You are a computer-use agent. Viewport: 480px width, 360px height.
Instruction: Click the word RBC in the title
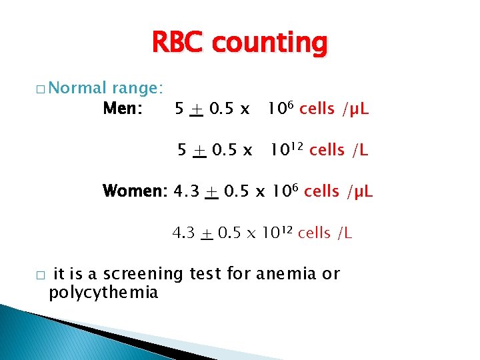[x=179, y=44]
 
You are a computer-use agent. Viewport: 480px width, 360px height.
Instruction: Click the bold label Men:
[x=123, y=108]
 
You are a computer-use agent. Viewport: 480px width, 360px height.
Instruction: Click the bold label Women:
[x=135, y=192]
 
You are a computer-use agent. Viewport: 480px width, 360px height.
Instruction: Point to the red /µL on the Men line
[x=355, y=109]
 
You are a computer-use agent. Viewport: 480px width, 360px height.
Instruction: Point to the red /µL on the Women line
[x=359, y=192]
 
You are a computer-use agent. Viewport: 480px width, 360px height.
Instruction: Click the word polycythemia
[x=103, y=293]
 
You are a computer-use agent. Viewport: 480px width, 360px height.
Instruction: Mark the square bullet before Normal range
[x=41, y=89]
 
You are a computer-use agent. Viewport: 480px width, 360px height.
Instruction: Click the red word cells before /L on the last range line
[x=314, y=233]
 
